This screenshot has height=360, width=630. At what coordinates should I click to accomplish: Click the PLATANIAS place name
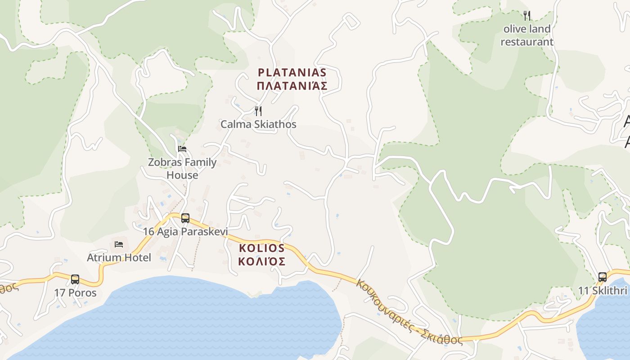[292, 72]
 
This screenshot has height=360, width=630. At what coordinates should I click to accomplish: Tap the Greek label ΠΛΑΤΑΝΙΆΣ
[292, 86]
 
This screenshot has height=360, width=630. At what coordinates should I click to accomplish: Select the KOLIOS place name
[261, 248]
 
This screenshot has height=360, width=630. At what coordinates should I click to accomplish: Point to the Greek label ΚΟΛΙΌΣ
[261, 261]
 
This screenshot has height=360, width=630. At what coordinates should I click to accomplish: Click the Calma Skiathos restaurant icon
[258, 111]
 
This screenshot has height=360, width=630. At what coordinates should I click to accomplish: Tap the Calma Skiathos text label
[258, 124]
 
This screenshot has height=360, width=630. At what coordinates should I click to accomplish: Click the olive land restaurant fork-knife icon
[527, 16]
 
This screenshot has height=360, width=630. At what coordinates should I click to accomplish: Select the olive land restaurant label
[527, 36]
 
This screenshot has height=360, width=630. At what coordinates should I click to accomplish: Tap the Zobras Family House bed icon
[182, 149]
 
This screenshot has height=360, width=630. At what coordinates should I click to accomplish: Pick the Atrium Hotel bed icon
[119, 244]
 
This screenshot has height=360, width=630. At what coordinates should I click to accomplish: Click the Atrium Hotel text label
[119, 258]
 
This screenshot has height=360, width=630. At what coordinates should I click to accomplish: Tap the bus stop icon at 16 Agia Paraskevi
[185, 218]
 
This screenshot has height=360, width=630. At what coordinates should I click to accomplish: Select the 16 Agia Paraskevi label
[185, 232]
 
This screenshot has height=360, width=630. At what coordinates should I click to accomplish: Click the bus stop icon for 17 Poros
[75, 279]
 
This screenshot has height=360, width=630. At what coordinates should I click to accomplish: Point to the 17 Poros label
[75, 292]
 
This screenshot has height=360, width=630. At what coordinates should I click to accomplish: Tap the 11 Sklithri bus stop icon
[603, 277]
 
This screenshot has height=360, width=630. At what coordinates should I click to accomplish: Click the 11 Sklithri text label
[603, 291]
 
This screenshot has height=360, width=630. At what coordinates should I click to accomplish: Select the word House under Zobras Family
[182, 175]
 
